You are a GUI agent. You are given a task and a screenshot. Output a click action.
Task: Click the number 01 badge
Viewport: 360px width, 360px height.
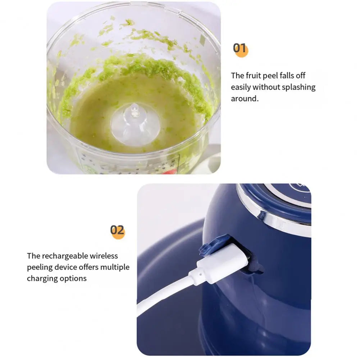click(x=240, y=49)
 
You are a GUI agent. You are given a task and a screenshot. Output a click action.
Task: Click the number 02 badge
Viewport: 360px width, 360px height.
click(x=117, y=230)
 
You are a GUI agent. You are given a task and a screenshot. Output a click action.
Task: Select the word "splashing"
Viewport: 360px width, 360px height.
click(x=298, y=87)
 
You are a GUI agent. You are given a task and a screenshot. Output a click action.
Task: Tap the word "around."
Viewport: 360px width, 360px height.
click(x=245, y=99)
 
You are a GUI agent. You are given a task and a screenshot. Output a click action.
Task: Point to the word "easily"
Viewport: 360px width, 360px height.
click(x=241, y=87)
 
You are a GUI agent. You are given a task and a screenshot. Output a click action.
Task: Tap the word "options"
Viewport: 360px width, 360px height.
click(x=74, y=278)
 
